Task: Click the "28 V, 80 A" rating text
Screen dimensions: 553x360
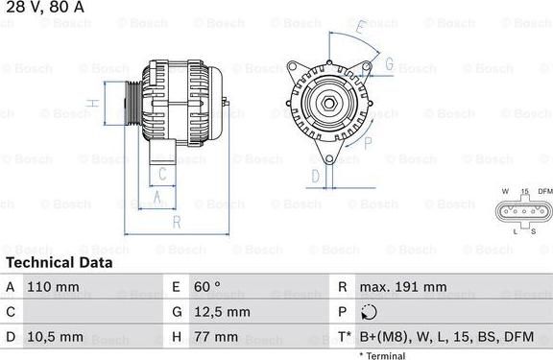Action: pyautogui.click(x=45, y=7)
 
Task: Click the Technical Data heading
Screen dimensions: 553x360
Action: pyautogui.click(x=60, y=263)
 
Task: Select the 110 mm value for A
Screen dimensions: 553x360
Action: pyautogui.click(x=53, y=287)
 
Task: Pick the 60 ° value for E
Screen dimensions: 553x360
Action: pyautogui.click(x=207, y=287)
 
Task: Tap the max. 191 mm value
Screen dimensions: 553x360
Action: pyautogui.click(x=403, y=287)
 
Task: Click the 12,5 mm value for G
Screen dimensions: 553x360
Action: pyautogui.click(x=222, y=312)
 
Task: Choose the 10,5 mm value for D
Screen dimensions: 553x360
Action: pyautogui.click(x=55, y=337)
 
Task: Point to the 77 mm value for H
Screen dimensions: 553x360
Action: pyautogui.click(x=216, y=337)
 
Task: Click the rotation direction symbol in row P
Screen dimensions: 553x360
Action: pyautogui.click(x=369, y=312)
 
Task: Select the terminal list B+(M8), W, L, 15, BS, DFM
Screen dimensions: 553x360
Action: pyautogui.click(x=446, y=337)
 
